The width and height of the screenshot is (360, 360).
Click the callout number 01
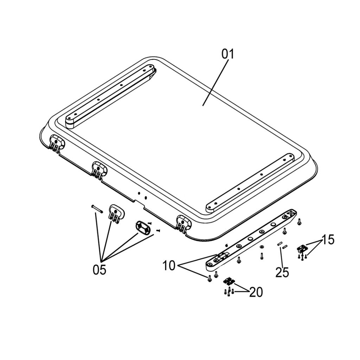tap(228, 54)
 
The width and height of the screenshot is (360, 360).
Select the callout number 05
tap(99, 269)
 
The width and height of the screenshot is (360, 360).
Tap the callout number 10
tap(169, 266)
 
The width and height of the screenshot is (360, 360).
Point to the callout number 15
tap(328, 240)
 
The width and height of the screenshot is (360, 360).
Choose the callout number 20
tap(256, 292)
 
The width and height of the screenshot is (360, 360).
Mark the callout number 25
tap(282, 272)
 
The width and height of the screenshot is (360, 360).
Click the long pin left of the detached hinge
tap(97, 208)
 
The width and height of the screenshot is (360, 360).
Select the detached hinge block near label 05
tap(116, 213)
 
